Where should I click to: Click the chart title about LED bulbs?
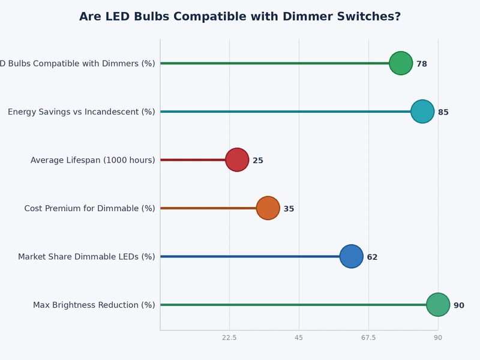240,17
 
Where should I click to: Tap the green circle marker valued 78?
401,63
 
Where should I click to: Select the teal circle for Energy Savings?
422,112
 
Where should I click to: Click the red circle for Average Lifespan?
237,160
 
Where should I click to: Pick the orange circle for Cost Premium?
268,208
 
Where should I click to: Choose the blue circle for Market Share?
352,256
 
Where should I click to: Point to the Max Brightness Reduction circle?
438,305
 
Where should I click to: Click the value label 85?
443,112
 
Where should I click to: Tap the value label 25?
258,161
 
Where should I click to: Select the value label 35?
289,209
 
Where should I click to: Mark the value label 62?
372,257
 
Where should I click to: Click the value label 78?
422,64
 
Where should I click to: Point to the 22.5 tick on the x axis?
229,338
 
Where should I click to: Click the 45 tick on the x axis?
299,338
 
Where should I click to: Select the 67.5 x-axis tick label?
368,338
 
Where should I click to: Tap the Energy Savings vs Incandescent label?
81,112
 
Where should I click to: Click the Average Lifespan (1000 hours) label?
92,160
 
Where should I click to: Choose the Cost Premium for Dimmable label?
89,209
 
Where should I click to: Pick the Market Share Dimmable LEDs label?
86,257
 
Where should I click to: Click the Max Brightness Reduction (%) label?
94,305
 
